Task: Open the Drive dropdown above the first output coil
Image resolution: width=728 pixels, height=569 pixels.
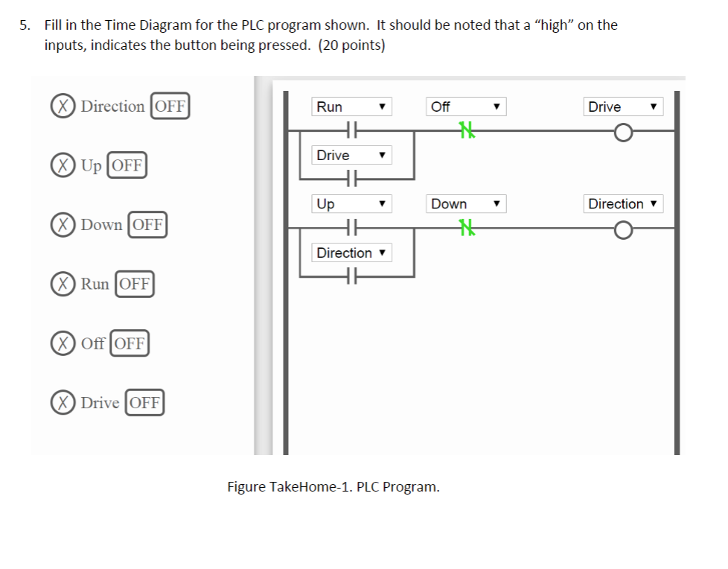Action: coord(623,107)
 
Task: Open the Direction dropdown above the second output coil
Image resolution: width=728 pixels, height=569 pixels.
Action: coord(623,203)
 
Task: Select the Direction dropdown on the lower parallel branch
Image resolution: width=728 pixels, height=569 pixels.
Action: coord(351,252)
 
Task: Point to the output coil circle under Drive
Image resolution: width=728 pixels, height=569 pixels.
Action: coord(623,133)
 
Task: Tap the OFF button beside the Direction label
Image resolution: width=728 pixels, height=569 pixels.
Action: coord(170,106)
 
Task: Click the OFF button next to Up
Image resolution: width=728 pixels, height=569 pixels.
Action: coord(127,165)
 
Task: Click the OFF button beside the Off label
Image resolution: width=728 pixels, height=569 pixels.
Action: coord(130,343)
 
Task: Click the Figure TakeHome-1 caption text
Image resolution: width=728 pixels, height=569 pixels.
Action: coord(333,487)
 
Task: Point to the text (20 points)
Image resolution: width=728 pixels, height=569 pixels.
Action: coord(351,45)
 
